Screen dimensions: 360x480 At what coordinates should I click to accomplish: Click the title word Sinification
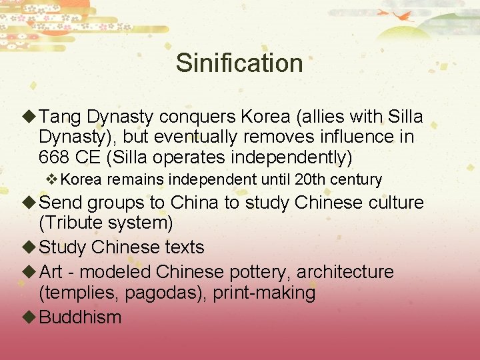pos(239,63)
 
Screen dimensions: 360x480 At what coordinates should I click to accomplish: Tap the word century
pos(360,179)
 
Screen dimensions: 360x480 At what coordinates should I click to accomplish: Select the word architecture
pos(345,272)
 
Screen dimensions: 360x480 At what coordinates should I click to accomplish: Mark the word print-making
pos(264,293)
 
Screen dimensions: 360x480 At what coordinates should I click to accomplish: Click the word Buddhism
pos(81,317)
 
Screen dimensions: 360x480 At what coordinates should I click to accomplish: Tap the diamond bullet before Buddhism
pos(30,316)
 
